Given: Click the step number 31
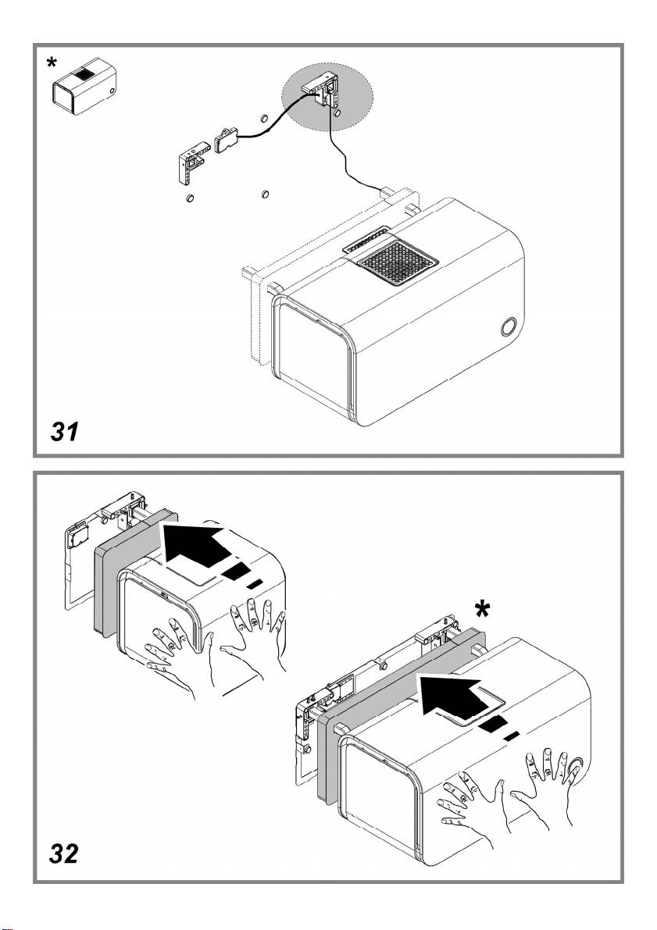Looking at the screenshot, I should (64, 432).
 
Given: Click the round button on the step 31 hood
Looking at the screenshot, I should (509, 325).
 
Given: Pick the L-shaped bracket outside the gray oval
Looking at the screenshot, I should (189, 165).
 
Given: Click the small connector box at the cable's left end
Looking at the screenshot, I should (227, 140).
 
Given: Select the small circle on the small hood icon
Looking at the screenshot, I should (113, 91).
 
